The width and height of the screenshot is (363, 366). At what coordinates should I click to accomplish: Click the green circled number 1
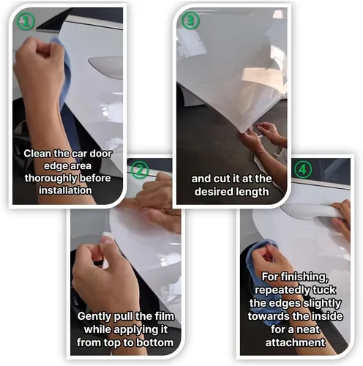(x=26, y=21)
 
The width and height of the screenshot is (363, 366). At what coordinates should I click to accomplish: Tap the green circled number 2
(x=139, y=170)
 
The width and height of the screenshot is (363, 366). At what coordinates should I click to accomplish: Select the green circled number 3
(x=190, y=20)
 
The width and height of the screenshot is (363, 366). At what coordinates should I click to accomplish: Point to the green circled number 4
(x=303, y=169)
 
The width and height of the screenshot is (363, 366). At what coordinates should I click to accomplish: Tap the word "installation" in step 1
(x=65, y=190)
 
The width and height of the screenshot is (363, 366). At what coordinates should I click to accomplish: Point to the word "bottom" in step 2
(x=154, y=343)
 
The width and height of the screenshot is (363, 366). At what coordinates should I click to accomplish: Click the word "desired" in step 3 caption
(x=212, y=192)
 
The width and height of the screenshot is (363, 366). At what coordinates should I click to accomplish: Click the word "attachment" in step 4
(x=295, y=343)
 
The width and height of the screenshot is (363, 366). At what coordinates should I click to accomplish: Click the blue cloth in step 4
(x=258, y=276)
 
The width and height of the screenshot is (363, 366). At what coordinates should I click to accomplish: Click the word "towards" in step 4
(x=269, y=316)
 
